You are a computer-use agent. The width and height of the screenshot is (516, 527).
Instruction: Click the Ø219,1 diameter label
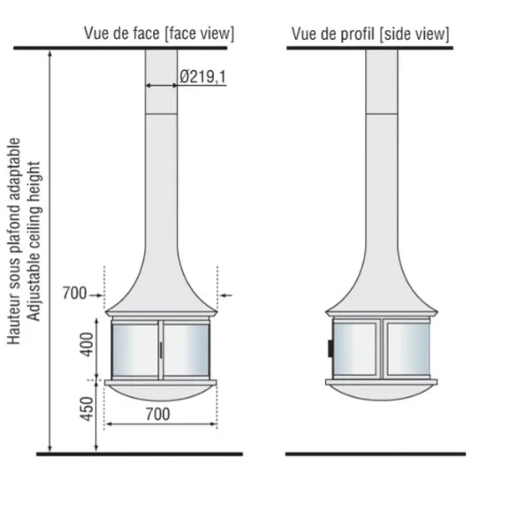point(203,77)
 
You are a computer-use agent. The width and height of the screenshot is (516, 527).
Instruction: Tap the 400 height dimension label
point(87,345)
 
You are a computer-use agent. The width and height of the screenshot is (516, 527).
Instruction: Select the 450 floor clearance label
point(87,409)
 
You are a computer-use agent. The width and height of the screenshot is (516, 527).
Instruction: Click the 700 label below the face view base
point(158,414)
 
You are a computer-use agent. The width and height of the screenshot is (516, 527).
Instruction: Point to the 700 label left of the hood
point(74,293)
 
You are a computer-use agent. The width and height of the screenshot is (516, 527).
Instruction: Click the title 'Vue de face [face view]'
point(159,34)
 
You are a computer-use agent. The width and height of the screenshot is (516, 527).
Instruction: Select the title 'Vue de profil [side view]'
point(370,34)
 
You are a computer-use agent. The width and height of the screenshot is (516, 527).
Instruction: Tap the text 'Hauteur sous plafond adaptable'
point(14,241)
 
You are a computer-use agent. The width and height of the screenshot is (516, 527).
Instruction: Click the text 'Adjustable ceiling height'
point(34,241)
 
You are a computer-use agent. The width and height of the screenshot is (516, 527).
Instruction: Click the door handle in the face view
point(161,350)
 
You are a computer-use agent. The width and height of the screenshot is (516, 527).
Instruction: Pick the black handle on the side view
point(330,348)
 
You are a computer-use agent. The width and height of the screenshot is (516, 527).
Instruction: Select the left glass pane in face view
point(135,350)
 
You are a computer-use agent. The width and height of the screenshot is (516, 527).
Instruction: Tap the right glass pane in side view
point(408,348)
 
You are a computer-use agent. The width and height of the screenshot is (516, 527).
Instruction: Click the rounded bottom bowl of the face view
point(161,393)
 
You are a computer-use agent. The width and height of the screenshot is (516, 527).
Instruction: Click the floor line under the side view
point(376,454)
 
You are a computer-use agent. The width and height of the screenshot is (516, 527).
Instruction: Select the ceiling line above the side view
point(370,48)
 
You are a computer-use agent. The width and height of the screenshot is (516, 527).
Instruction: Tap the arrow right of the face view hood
point(226,295)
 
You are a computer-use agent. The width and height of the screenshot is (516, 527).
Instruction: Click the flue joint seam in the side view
point(382,114)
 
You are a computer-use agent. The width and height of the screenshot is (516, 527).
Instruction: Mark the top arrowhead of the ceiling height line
point(50,53)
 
